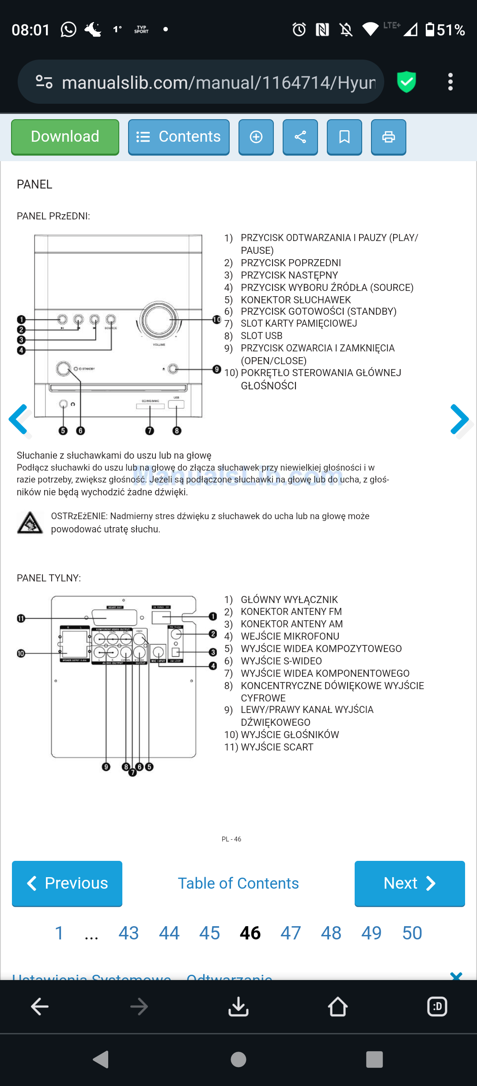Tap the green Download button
pyautogui.click(x=65, y=137)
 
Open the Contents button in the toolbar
pyautogui.click(x=178, y=137)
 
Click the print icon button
pyautogui.click(x=388, y=137)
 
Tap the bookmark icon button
pyautogui.click(x=344, y=137)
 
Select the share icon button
pyautogui.click(x=300, y=137)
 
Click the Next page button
pyautogui.click(x=409, y=883)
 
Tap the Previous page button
pyautogui.click(x=67, y=883)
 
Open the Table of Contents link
pyautogui.click(x=238, y=883)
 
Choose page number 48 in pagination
pyautogui.click(x=331, y=933)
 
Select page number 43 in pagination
pyautogui.click(x=129, y=933)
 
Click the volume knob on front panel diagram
pyautogui.click(x=159, y=320)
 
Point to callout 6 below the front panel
pyautogui.click(x=80, y=431)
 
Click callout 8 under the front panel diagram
pyautogui.click(x=177, y=431)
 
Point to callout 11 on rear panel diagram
pyautogui.click(x=21, y=618)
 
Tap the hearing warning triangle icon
pyautogui.click(x=30, y=523)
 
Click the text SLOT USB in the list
pyautogui.click(x=261, y=336)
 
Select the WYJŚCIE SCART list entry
pyautogui.click(x=277, y=747)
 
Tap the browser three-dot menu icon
pyautogui.click(x=450, y=82)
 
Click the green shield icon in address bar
pyautogui.click(x=406, y=82)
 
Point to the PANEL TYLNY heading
pyautogui.click(x=49, y=578)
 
